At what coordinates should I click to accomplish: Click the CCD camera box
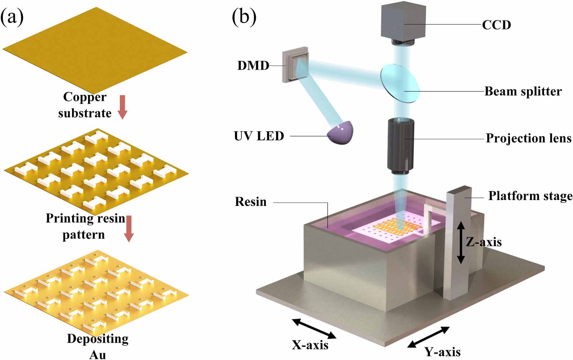(404, 21)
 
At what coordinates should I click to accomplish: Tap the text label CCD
(496, 25)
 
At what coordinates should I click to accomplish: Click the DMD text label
(253, 65)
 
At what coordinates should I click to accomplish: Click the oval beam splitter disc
(400, 83)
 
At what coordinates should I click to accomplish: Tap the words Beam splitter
(523, 91)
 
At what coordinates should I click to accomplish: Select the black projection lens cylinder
(400, 145)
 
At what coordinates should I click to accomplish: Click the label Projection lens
(528, 138)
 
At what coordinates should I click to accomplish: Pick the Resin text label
(251, 201)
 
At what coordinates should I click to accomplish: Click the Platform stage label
(530, 196)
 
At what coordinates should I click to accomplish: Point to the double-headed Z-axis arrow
(461, 242)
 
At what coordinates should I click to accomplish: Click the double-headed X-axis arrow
(314, 329)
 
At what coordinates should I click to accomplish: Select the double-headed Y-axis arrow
(429, 337)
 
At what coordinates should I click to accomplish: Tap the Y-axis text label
(443, 351)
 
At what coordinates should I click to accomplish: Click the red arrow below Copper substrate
(122, 107)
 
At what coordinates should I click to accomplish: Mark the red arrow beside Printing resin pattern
(129, 228)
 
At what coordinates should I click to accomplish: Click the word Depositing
(97, 339)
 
